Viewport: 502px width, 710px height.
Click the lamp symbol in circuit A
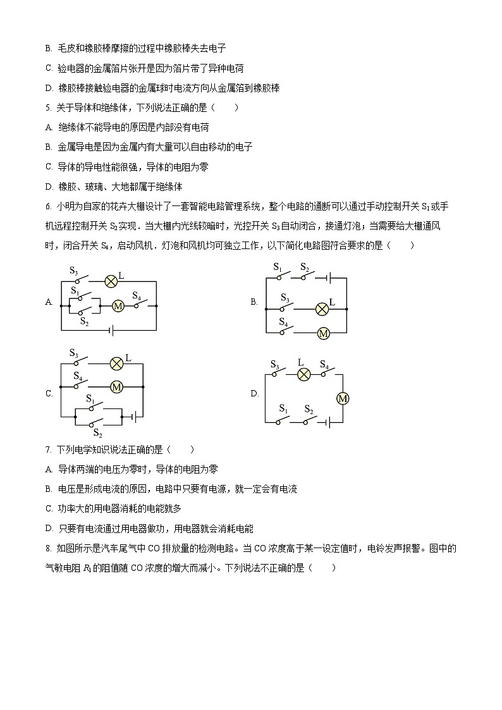(111, 280)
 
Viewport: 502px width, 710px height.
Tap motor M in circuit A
(118, 306)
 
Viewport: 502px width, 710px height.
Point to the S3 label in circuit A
(74, 271)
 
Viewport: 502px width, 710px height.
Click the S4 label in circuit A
(136, 295)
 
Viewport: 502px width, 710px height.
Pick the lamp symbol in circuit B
(322, 309)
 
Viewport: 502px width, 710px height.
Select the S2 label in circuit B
(305, 267)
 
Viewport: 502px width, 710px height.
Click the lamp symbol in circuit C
(116, 363)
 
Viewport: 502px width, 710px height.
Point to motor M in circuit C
(116, 387)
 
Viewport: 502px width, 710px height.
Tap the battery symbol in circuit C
(133, 417)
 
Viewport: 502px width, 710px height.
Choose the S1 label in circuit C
(90, 400)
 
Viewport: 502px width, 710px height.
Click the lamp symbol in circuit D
(303, 374)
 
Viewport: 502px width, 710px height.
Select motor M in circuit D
(343, 398)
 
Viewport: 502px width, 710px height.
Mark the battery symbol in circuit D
(327, 422)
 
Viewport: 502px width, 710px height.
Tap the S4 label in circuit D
(324, 364)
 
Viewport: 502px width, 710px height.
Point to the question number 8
(48, 548)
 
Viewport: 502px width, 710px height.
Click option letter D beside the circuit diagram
(255, 394)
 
